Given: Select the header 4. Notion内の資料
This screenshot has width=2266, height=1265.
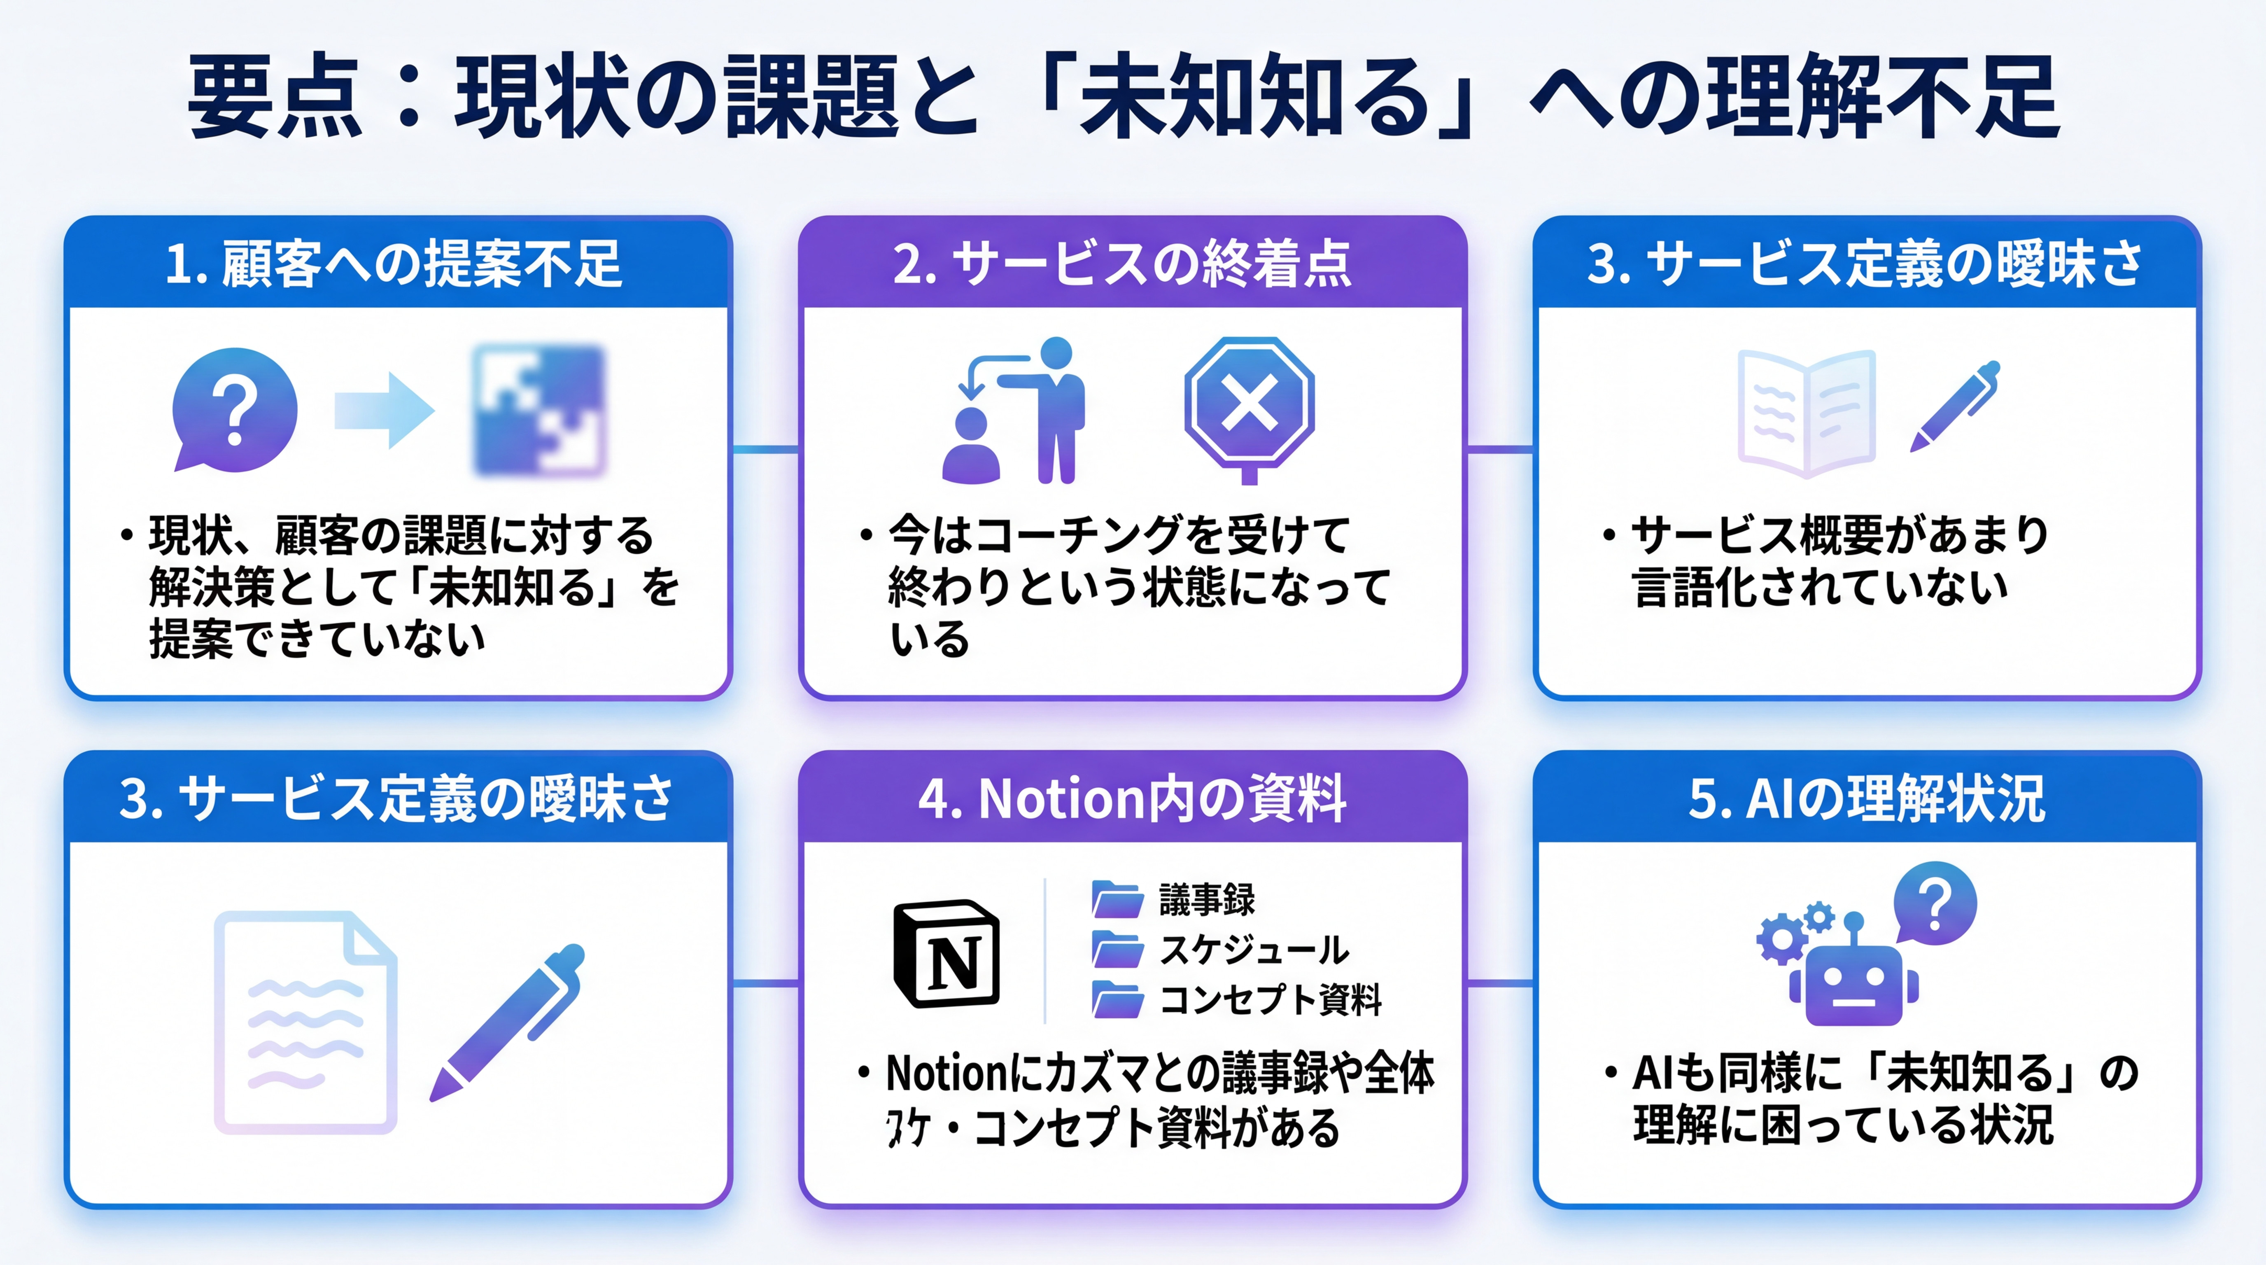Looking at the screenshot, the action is (1132, 799).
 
